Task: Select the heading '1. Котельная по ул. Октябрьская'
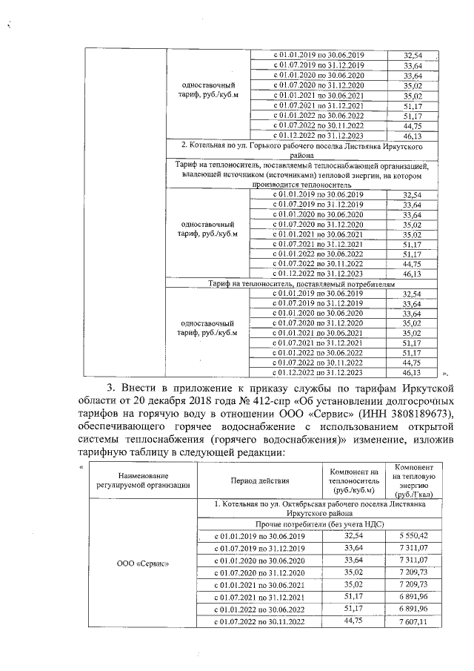318,509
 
